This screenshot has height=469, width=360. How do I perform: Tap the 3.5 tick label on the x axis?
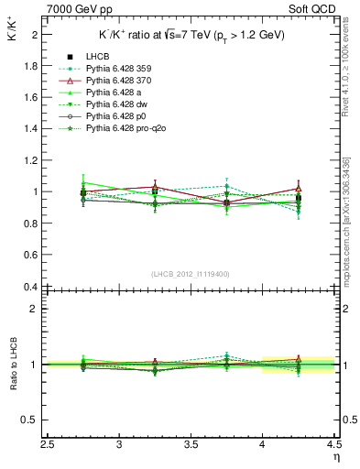[191, 445]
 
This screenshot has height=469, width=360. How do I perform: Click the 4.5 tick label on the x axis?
[333, 445]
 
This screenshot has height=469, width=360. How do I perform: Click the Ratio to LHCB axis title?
[12, 365]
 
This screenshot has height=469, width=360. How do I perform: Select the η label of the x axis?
[334, 456]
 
